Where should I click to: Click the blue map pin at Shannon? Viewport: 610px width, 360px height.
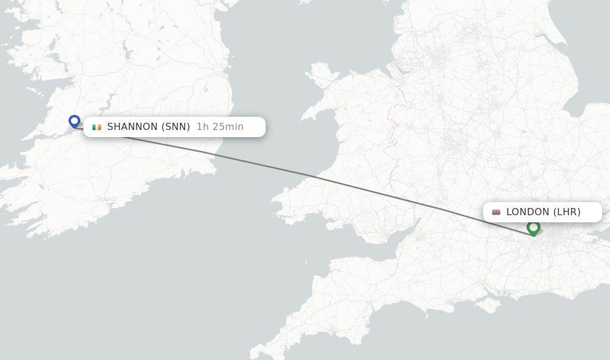coord(74,121)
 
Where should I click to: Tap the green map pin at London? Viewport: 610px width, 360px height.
coord(533,227)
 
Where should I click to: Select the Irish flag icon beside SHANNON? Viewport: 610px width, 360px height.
coord(97,127)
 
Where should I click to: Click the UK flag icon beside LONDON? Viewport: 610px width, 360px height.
coord(496,212)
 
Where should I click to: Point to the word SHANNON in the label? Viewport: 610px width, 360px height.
coord(132,127)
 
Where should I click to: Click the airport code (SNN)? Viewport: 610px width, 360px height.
coord(176,127)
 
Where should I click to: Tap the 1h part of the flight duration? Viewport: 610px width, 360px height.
coord(203,127)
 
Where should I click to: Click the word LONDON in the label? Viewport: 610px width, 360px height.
coord(528,212)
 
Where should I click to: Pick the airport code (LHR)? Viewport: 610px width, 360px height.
coord(567,212)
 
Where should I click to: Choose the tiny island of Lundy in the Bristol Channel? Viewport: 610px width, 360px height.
coord(306,260)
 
